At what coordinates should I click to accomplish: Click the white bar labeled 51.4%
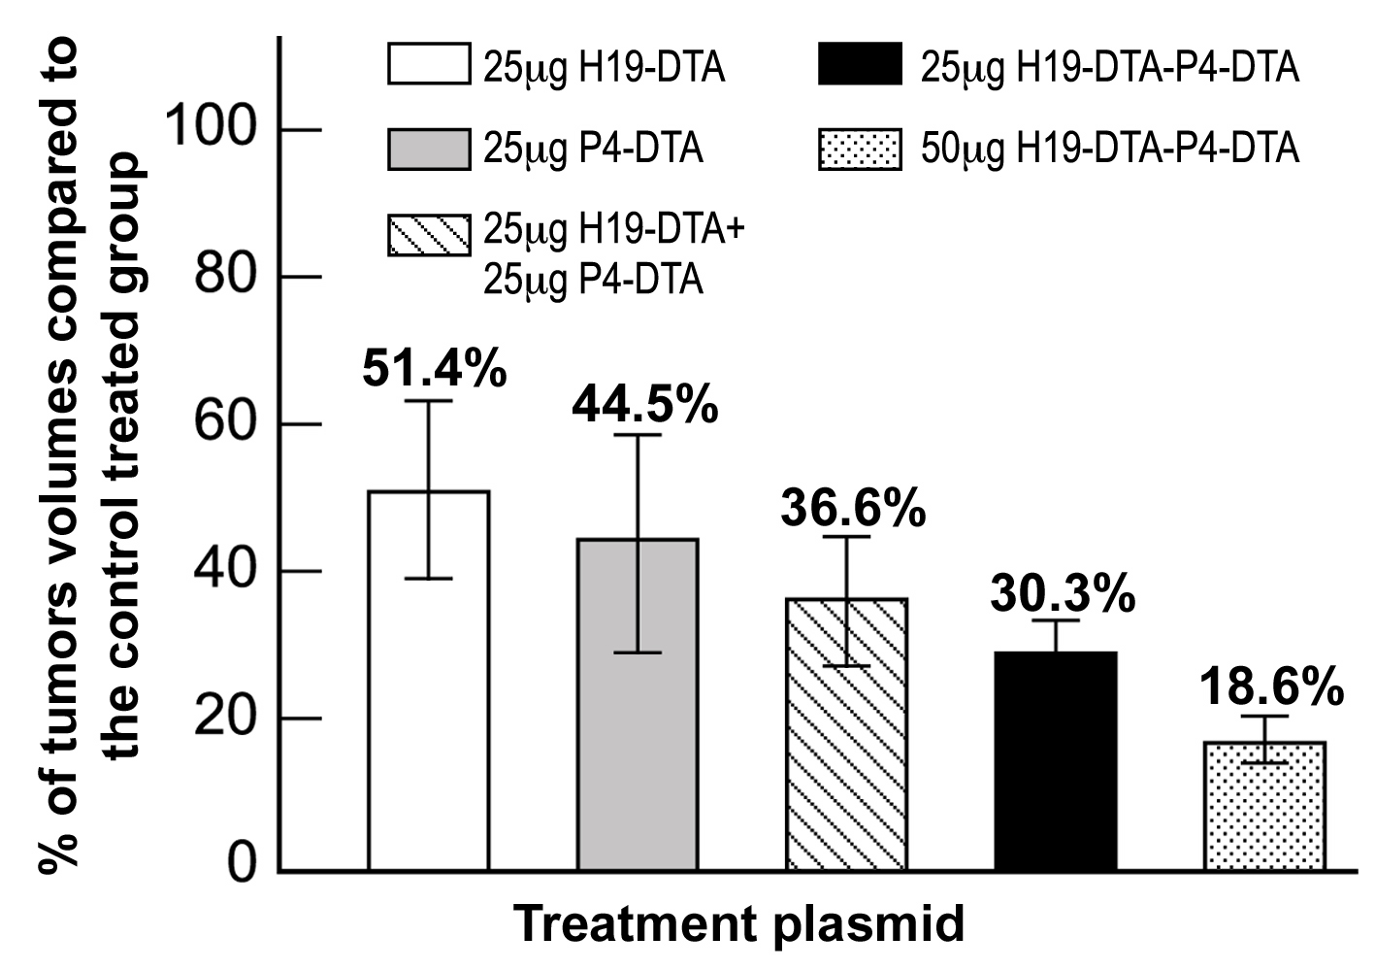tap(429, 681)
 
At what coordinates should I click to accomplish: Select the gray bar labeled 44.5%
tap(638, 705)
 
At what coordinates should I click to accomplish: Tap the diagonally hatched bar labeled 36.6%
tap(847, 734)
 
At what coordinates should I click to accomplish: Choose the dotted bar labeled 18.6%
tap(1265, 806)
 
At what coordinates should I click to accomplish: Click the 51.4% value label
tap(435, 368)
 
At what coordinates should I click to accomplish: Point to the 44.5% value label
tap(645, 404)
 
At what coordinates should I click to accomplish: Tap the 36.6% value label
tap(853, 508)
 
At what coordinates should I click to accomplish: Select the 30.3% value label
tap(1063, 593)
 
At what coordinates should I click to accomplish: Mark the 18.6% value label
tap(1271, 686)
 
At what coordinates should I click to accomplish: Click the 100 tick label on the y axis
tap(210, 126)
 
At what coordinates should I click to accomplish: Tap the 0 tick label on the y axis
tap(242, 862)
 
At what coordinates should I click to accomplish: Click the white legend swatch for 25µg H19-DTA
tap(429, 63)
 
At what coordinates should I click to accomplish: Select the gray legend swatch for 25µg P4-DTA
tap(429, 149)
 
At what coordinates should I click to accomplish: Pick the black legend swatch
tap(860, 63)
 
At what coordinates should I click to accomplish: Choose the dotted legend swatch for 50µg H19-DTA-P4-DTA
tap(860, 149)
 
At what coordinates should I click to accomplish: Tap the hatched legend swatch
tap(429, 235)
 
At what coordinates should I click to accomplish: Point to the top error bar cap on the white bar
tap(429, 401)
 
